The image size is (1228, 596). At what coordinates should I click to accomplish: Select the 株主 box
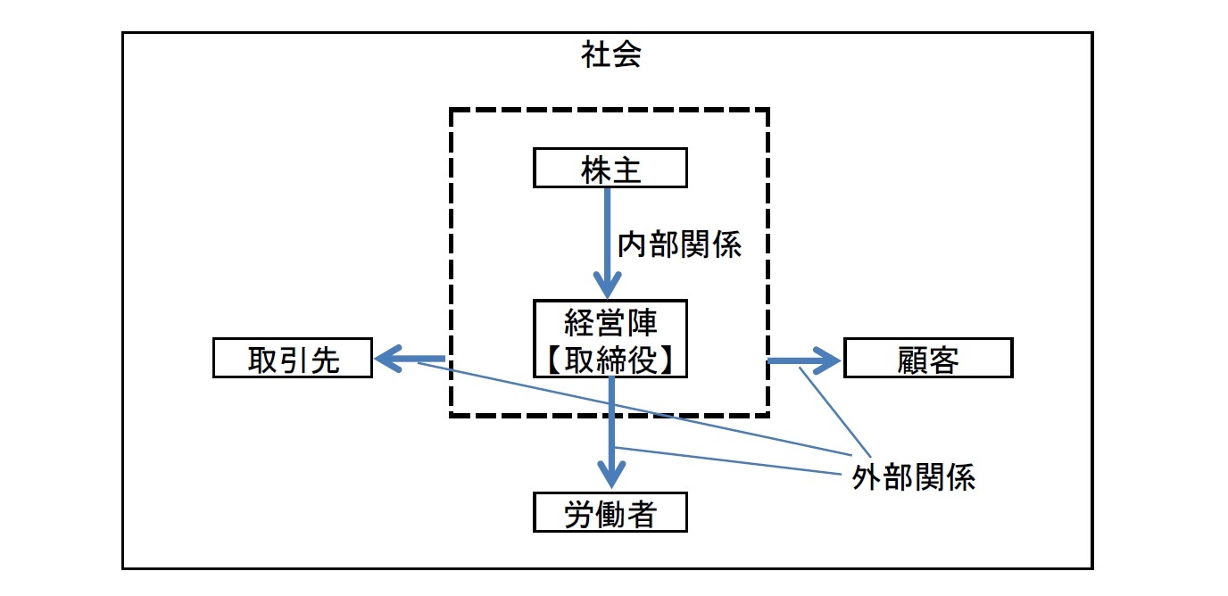(x=610, y=170)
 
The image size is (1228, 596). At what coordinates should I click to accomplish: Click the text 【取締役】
(x=610, y=358)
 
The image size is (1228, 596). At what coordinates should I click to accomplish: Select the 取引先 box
(x=293, y=360)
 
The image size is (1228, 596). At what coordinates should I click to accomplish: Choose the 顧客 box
(x=928, y=360)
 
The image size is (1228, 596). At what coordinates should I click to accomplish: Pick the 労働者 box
(x=610, y=513)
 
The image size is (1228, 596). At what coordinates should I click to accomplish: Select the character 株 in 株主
(x=595, y=170)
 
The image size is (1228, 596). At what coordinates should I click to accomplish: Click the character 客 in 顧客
(x=944, y=360)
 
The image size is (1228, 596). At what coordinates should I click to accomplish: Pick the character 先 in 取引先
(x=324, y=360)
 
